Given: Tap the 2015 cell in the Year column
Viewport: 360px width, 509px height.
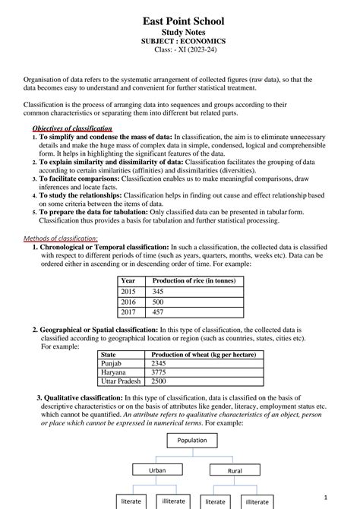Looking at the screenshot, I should coord(128,292).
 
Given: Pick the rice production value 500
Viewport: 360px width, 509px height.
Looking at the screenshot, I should coord(158,302).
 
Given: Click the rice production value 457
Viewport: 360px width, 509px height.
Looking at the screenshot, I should coord(158,312).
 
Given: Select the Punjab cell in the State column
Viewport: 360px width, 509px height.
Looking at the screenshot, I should coord(112,364).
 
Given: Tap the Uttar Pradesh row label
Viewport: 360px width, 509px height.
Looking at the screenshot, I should coord(121,381).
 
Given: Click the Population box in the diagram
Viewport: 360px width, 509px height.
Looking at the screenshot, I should coord(191,441).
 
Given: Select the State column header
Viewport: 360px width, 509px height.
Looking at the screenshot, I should coord(109,355).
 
